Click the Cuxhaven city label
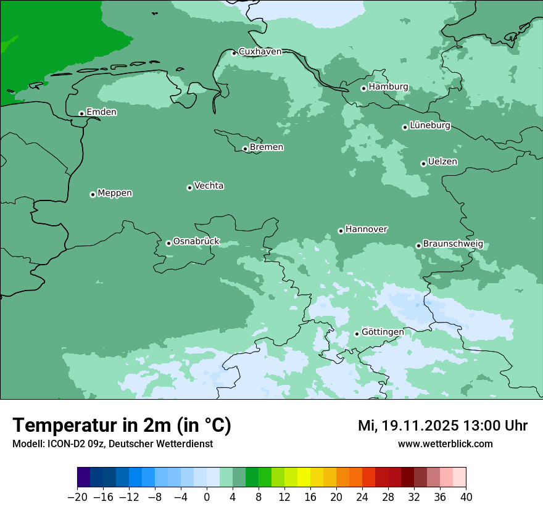pyautogui.click(x=260, y=52)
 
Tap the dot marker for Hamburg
pyautogui.click(x=364, y=88)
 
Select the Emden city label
pyautogui.click(x=101, y=112)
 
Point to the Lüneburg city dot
pyautogui.click(x=405, y=127)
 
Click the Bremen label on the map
pyautogui.click(x=267, y=147)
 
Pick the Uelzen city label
pyautogui.click(x=442, y=162)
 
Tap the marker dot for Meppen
pyautogui.click(x=93, y=194)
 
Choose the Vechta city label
pyautogui.click(x=209, y=186)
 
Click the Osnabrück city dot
pyautogui.click(x=168, y=243)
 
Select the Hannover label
pyautogui.click(x=366, y=229)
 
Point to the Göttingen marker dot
pyautogui.click(x=357, y=334)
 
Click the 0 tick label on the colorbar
pyautogui.click(x=207, y=497)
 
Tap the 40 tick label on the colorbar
pyautogui.click(x=466, y=497)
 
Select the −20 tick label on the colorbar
pyautogui.click(x=77, y=497)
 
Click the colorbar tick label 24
pyautogui.click(x=362, y=497)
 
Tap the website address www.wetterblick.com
pyautogui.click(x=445, y=444)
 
